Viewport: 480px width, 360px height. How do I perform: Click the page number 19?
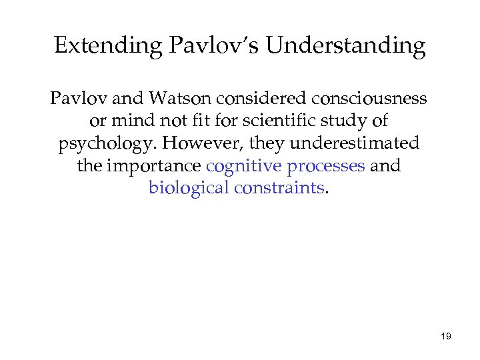click(x=446, y=337)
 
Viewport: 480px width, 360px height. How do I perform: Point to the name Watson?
click(x=181, y=99)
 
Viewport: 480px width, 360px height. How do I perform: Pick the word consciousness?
click(x=369, y=99)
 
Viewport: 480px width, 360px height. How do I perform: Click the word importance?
click(x=152, y=165)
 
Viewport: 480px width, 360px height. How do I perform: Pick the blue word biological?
click(x=189, y=187)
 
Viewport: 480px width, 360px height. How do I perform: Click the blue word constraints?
click(x=278, y=187)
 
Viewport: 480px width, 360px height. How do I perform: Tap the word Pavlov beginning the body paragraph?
click(x=73, y=99)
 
